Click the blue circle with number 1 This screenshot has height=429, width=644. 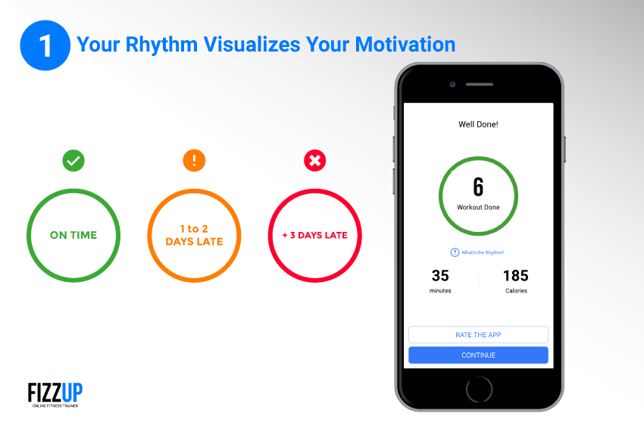(45, 45)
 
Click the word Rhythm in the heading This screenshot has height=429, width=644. (161, 45)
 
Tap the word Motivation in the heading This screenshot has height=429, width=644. (405, 45)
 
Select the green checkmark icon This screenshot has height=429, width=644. (73, 161)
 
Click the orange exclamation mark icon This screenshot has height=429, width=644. (194, 161)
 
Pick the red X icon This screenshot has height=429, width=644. (315, 161)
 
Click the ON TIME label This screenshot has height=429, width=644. (73, 235)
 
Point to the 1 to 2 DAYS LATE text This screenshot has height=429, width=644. (194, 235)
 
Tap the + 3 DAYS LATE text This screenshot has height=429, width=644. (315, 235)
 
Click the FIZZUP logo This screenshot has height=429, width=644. (55, 394)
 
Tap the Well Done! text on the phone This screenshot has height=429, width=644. (478, 124)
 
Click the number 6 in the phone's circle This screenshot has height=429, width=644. (478, 187)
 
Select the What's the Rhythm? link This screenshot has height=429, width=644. (477, 252)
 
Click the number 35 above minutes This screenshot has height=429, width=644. (440, 275)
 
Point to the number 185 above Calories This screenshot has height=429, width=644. (516, 275)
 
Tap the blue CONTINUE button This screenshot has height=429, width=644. (478, 355)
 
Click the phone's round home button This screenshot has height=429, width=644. (479, 389)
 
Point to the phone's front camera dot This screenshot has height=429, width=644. (452, 84)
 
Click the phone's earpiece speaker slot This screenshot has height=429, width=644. (480, 84)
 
